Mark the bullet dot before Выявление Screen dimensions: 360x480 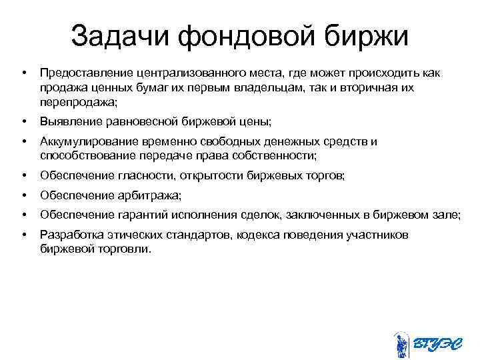[24, 122]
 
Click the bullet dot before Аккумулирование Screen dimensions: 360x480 [24, 141]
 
